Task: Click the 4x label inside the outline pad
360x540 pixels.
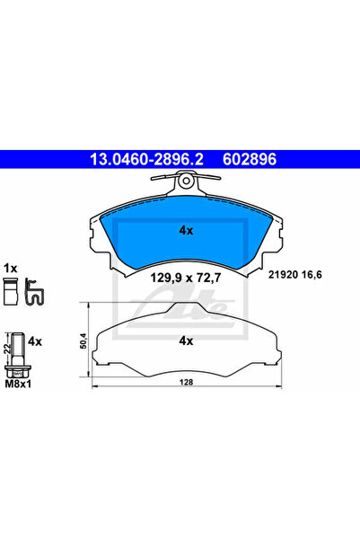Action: (187, 341)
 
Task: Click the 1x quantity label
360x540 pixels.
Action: (11, 268)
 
